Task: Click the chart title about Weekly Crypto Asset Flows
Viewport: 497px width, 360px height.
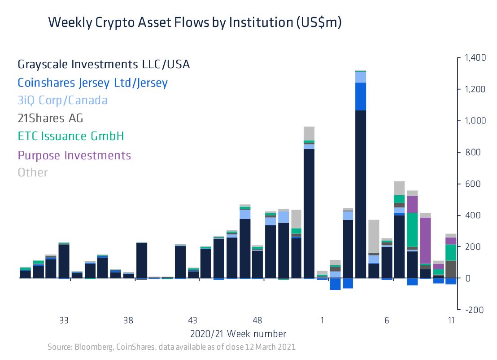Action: click(x=195, y=22)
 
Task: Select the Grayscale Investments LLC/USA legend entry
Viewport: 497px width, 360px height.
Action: click(x=104, y=65)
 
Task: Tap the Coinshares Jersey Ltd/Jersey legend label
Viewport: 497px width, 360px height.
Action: click(x=92, y=83)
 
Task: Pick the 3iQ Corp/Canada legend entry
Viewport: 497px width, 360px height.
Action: click(x=62, y=100)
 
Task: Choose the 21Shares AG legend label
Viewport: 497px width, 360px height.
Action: click(x=50, y=118)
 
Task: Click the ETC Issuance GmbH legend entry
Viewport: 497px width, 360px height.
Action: click(x=70, y=136)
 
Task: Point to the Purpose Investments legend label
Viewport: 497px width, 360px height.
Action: click(x=74, y=155)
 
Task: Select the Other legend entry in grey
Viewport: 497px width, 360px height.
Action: click(x=32, y=172)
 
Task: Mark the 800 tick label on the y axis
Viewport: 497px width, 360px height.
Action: click(x=473, y=153)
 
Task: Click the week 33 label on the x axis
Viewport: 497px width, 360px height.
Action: click(x=64, y=320)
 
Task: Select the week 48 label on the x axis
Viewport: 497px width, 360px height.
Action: click(x=257, y=320)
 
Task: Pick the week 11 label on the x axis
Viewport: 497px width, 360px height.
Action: click(x=451, y=320)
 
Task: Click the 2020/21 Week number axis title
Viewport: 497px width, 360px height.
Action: click(x=238, y=334)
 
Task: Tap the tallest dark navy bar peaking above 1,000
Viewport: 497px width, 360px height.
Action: click(x=361, y=193)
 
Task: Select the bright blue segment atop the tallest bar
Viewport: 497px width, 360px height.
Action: click(x=361, y=96)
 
